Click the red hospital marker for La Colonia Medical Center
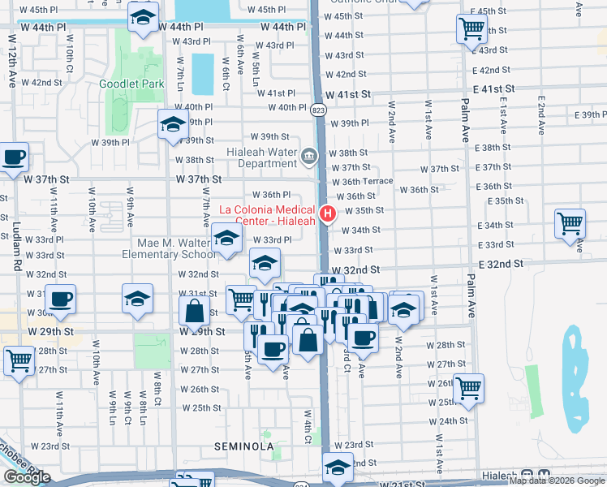tap(328, 214)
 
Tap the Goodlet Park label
tap(131, 84)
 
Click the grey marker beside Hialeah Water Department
tap(309, 155)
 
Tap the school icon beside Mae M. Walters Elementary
tap(227, 238)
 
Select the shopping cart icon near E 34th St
tap(570, 222)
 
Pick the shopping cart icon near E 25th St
tap(469, 387)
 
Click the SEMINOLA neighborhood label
tap(243, 446)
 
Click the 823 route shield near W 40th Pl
tap(318, 110)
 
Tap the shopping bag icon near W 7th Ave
tap(195, 310)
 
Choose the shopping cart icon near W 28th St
tap(19, 359)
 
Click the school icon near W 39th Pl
tap(173, 123)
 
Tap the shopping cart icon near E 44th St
tap(471, 29)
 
